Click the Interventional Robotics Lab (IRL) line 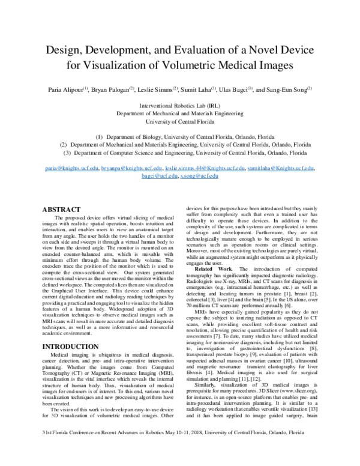pos(181,105)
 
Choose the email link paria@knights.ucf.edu pos(71,169)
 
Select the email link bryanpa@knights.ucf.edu pos(131,169)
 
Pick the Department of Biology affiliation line pos(180,136)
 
